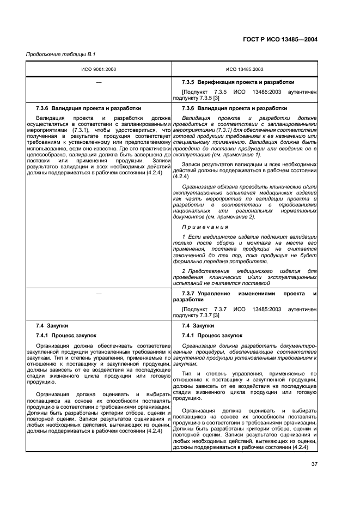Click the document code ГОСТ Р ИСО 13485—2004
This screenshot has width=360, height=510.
tap(282, 40)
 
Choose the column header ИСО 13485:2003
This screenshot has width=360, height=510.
tap(244, 69)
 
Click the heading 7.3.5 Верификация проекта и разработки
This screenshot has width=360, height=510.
tap(238, 81)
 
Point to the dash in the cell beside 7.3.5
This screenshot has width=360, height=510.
tap(99, 81)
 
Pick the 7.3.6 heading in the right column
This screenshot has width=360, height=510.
tap(227, 108)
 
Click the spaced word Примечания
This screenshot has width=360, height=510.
tap(205, 227)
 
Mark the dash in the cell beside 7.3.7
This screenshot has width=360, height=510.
tap(99, 294)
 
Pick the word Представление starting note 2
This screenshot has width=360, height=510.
tap(211, 271)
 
